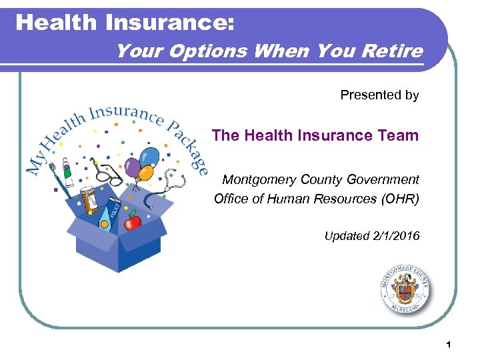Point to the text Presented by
coord(379,95)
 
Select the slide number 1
coord(449,344)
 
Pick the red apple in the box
coord(134,220)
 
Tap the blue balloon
coord(150,157)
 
